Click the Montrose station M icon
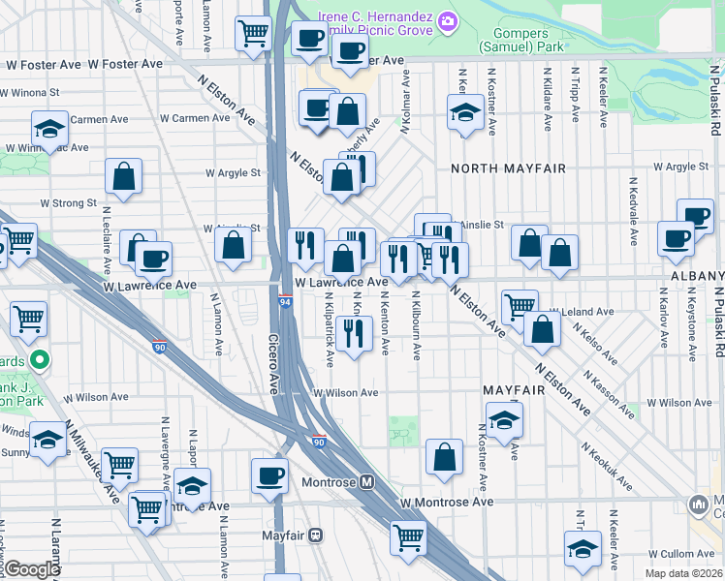[367, 482]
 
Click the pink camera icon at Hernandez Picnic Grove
[447, 20]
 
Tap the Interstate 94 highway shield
[285, 302]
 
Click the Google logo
[31, 569]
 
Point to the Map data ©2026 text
[685, 573]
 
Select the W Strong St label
[68, 204]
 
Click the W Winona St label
[32, 94]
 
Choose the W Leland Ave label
[585, 312]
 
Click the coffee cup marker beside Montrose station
[269, 475]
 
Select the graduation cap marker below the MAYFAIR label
[504, 421]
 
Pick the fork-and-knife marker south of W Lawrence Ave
[355, 334]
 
